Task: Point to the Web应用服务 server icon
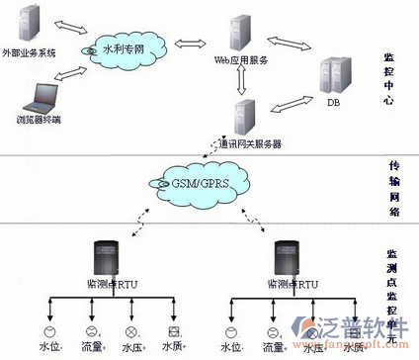coord(238,32)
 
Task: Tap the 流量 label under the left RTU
coord(91,347)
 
